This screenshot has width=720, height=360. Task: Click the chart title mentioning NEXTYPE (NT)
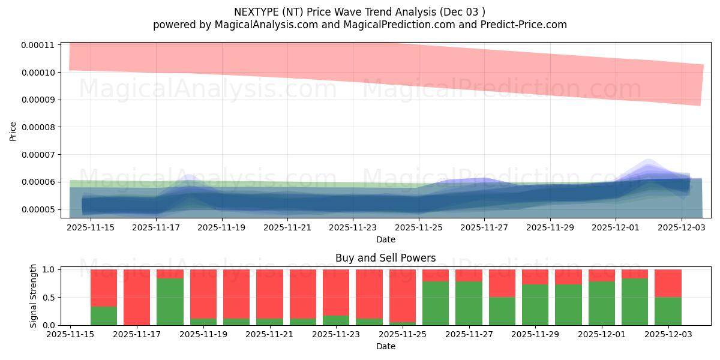click(359, 11)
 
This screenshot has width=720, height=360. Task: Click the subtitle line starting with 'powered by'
click(359, 25)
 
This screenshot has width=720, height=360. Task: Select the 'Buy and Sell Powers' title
click(385, 258)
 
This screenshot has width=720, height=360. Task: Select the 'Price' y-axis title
click(13, 131)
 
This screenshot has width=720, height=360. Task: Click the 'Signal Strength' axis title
click(34, 296)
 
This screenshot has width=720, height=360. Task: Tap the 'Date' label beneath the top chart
click(385, 239)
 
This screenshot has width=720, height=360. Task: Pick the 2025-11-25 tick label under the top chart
click(419, 227)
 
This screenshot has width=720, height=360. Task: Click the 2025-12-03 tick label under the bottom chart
click(667, 334)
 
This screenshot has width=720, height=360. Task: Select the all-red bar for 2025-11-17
click(137, 297)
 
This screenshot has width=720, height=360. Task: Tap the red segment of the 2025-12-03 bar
click(667, 283)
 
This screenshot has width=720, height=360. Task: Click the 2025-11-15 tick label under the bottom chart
click(71, 334)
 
